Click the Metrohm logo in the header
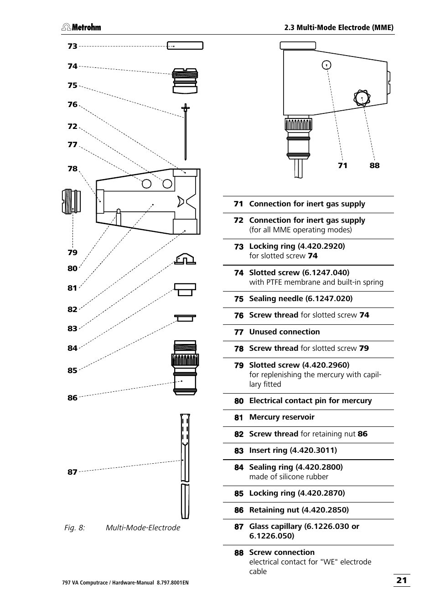click(x=82, y=27)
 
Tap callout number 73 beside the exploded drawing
click(x=72, y=46)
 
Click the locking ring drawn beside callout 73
click(x=185, y=46)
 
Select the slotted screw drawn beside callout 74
click(x=185, y=80)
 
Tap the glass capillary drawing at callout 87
click(x=185, y=465)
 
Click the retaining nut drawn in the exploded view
click(x=185, y=368)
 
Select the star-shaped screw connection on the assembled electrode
click(x=362, y=98)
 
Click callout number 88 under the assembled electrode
click(x=374, y=165)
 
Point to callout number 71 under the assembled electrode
click(x=342, y=165)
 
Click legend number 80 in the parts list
click(x=239, y=401)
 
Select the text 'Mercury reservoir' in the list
click(x=281, y=417)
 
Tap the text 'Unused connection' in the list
click(x=284, y=332)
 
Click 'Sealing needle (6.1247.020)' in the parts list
click(x=300, y=299)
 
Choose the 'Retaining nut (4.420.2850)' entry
click(x=299, y=510)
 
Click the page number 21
click(x=401, y=580)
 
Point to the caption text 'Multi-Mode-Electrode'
click(x=143, y=528)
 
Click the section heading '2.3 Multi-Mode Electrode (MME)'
click(x=339, y=27)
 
